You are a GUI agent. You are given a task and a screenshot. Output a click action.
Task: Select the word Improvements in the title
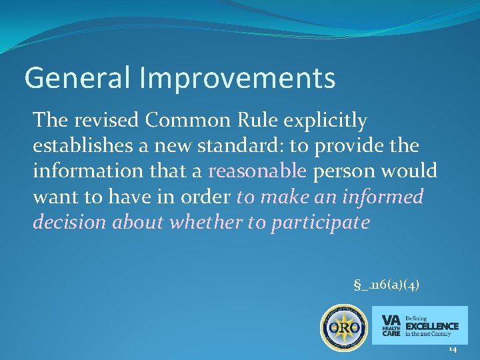237,78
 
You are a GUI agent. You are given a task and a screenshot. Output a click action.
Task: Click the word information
77,171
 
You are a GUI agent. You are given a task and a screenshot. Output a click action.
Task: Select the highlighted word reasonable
257,171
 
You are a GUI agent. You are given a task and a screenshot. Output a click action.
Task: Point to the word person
343,171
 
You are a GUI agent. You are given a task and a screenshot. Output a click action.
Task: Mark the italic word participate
319,222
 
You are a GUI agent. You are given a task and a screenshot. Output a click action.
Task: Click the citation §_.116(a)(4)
386,285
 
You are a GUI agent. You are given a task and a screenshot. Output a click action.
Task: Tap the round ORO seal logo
344,328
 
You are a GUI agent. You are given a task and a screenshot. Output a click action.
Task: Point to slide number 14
453,349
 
